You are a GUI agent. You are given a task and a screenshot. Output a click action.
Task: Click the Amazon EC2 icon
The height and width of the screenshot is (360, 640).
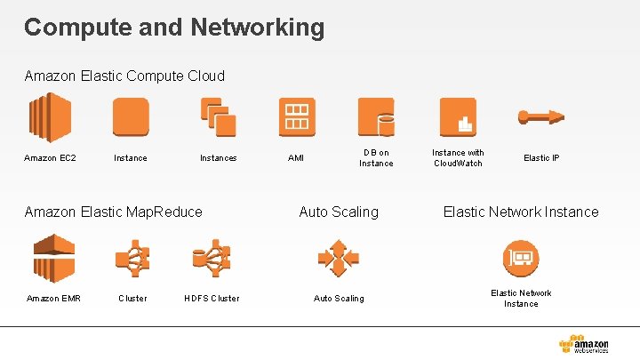(50, 117)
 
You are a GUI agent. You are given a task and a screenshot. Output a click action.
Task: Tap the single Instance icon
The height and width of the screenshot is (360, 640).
(131, 117)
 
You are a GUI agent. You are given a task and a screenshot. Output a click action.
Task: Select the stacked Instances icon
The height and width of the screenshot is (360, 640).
(218, 117)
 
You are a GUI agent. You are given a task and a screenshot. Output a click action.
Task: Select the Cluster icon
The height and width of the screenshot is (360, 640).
(132, 258)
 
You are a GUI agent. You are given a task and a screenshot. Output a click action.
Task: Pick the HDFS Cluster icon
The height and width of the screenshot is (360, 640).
(212, 258)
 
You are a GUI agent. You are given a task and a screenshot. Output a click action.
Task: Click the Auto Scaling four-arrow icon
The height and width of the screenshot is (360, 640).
(339, 258)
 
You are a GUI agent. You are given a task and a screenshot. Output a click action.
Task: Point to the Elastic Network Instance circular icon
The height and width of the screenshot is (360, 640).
(521, 259)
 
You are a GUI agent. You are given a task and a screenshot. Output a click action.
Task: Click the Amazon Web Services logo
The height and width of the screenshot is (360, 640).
(584, 344)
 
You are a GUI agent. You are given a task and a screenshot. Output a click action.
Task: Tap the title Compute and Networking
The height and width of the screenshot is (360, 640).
(174, 27)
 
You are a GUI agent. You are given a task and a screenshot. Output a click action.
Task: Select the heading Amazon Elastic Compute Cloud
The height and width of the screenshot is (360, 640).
(124, 76)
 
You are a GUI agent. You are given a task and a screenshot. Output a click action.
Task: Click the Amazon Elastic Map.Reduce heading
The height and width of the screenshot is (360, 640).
(114, 212)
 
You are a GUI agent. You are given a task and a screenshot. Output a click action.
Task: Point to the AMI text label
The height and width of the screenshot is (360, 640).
(296, 158)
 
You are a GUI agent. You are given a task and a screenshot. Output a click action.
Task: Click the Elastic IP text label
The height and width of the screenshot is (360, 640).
(541, 158)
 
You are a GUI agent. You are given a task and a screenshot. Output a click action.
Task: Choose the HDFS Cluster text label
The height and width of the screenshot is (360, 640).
(212, 299)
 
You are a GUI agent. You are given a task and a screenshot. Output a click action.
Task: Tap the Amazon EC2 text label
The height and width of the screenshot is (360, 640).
(50, 158)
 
